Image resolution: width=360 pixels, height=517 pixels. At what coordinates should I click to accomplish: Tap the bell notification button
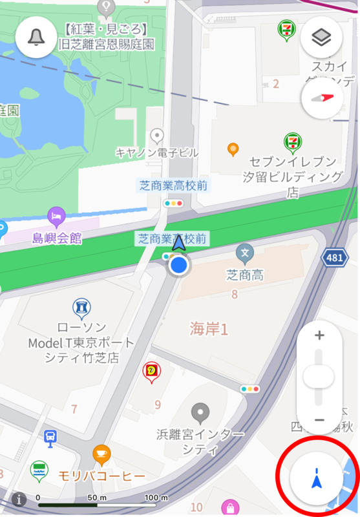[36, 37]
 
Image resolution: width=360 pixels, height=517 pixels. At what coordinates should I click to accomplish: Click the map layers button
[321, 37]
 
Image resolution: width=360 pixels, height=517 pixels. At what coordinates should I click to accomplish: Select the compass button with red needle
[321, 98]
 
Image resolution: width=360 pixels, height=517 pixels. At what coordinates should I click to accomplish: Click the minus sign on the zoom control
[319, 420]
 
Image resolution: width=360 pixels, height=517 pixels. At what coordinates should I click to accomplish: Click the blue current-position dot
[179, 264]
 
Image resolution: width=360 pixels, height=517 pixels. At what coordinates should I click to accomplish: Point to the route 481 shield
[334, 258]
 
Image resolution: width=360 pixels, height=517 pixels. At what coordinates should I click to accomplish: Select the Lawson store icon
[81, 306]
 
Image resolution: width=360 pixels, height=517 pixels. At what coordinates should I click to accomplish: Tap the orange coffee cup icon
[101, 454]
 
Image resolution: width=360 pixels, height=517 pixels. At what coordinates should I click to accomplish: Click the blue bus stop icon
[49, 438]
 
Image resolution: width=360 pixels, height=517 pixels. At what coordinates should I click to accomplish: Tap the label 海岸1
[209, 328]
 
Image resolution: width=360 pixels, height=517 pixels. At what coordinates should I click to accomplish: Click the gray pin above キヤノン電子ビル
[156, 136]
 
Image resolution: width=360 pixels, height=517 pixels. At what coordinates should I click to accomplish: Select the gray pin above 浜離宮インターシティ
[201, 411]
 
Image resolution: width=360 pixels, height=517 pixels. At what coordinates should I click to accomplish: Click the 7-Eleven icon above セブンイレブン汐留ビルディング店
[293, 141]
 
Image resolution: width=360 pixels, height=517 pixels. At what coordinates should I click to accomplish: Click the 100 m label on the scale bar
[156, 498]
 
